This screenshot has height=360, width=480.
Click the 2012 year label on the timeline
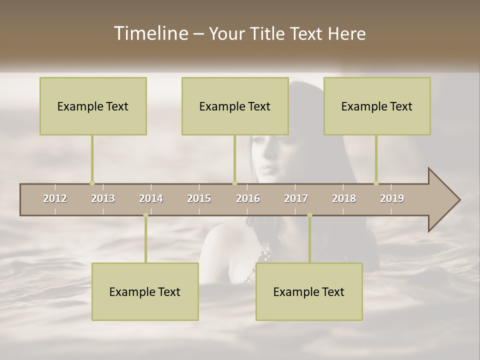(55, 198)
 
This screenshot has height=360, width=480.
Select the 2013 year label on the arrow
(103, 198)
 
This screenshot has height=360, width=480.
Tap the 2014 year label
(151, 198)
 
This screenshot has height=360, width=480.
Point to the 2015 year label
(199, 198)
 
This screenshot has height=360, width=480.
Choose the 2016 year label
(248, 198)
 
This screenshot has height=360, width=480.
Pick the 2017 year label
(296, 198)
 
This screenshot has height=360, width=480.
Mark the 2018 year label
(344, 198)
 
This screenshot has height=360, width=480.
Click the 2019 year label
(392, 198)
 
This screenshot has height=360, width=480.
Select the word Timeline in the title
(150, 33)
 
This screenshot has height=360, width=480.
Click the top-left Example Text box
(93, 106)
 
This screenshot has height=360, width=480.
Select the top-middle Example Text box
(235, 106)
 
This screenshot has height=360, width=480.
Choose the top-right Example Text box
(377, 106)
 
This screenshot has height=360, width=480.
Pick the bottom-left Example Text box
(145, 291)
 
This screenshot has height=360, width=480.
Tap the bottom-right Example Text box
(309, 291)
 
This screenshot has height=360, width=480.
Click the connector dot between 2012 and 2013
(92, 183)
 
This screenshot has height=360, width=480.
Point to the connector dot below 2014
(145, 215)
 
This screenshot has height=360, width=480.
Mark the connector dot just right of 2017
(309, 215)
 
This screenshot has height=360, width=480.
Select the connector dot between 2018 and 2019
(376, 183)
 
